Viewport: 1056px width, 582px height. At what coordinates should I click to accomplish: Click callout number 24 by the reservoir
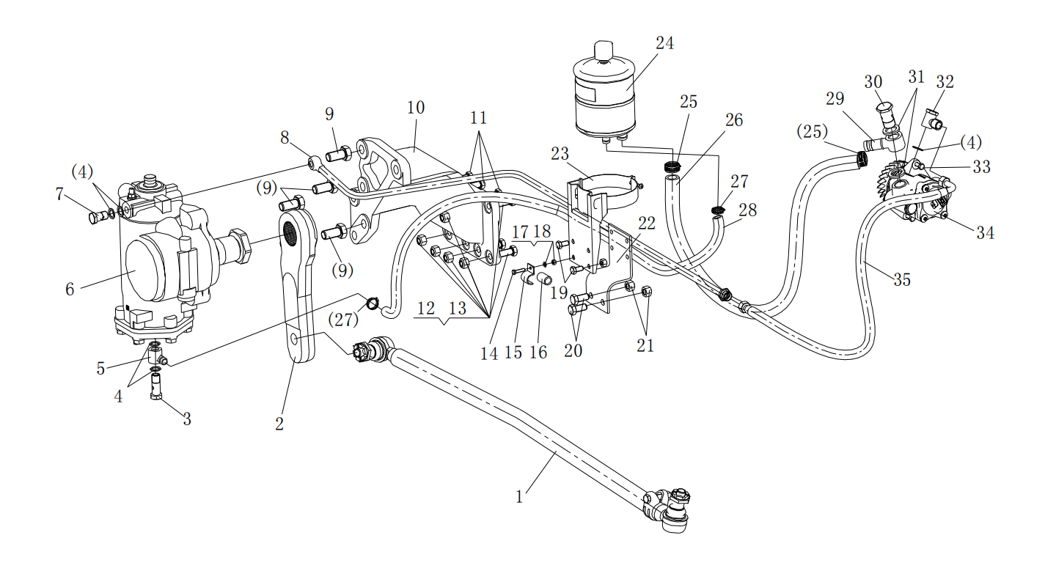[x=664, y=43]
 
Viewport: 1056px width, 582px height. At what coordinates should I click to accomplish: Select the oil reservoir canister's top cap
[x=602, y=51]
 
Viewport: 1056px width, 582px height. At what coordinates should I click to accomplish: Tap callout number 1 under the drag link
[x=519, y=497]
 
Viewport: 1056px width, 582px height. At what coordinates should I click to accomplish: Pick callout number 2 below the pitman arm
[x=279, y=424]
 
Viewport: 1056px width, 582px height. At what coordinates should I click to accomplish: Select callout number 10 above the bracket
[x=415, y=108]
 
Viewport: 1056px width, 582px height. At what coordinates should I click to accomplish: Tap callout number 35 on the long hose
[x=901, y=279]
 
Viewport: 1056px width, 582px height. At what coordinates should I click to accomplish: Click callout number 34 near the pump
[x=985, y=233]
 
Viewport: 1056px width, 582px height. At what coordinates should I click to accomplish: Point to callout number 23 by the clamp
[x=560, y=154]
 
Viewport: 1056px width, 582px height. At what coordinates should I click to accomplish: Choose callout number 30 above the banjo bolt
[x=873, y=81]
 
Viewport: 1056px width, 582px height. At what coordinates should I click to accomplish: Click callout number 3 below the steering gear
[x=187, y=419]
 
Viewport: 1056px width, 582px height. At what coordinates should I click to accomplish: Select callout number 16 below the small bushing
[x=539, y=353]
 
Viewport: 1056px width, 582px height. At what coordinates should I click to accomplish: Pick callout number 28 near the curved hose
[x=747, y=210]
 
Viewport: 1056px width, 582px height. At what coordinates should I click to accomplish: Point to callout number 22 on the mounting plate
[x=646, y=223]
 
